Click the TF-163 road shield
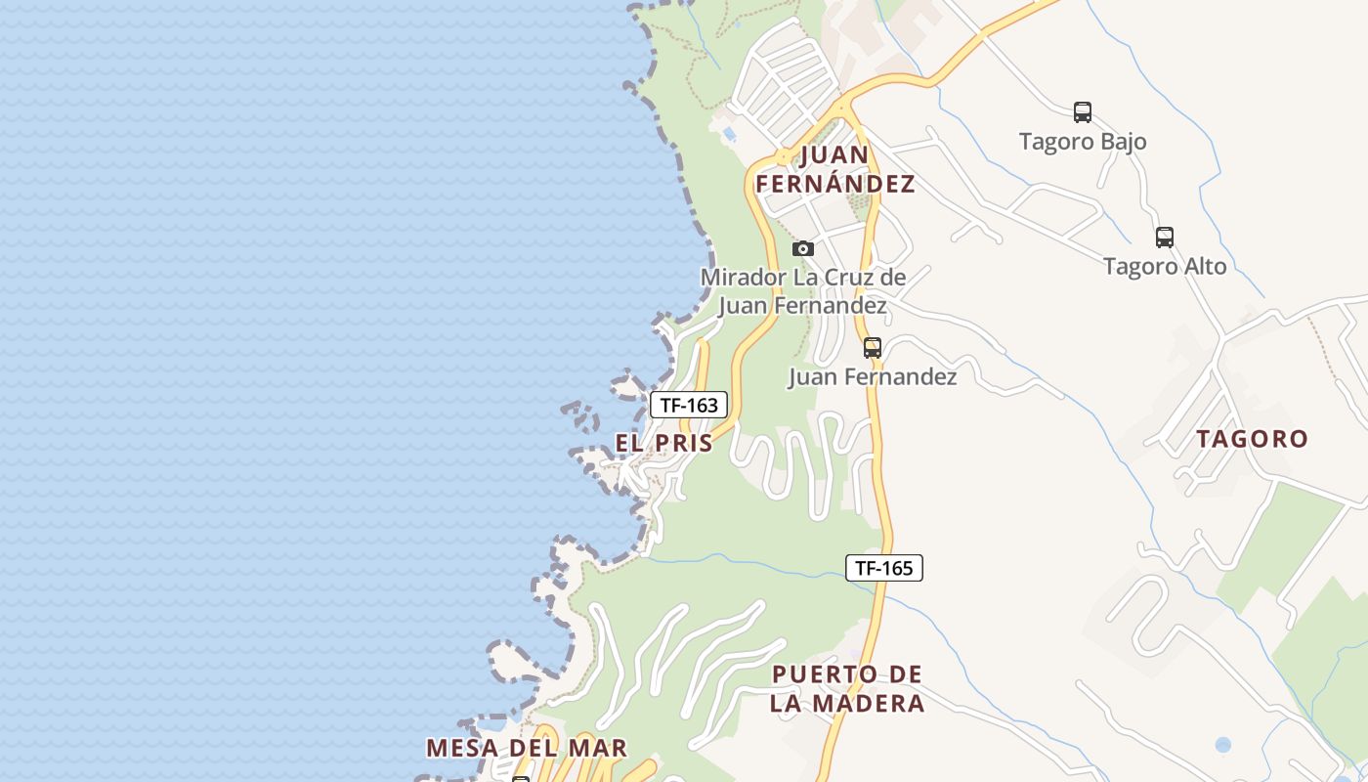(x=689, y=405)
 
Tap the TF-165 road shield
(x=884, y=568)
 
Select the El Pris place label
(x=663, y=443)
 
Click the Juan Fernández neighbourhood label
(x=834, y=169)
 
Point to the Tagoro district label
(x=1252, y=439)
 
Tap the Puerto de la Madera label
(x=847, y=689)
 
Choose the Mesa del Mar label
(x=526, y=748)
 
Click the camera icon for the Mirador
(x=803, y=249)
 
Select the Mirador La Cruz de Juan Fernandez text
(x=803, y=291)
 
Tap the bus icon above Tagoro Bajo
(x=1082, y=112)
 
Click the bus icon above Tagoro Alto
(x=1164, y=237)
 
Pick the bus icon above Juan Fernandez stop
(x=873, y=348)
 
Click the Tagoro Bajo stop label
(x=1083, y=142)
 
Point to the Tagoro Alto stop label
(x=1165, y=266)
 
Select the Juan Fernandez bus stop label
(x=873, y=376)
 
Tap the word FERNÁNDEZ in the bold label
(x=834, y=184)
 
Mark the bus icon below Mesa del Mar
(x=521, y=778)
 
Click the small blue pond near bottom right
(x=1222, y=745)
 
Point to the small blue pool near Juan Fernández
(x=729, y=133)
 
